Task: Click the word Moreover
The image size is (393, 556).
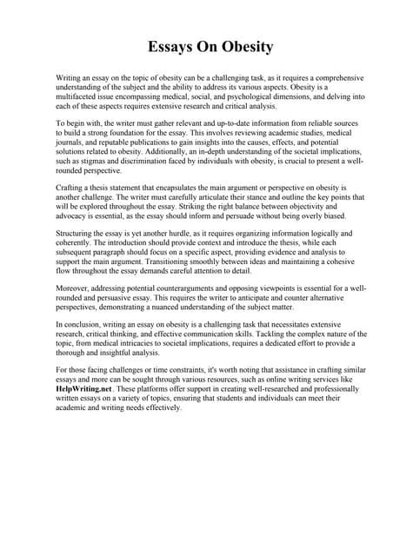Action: (x=76, y=287)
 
